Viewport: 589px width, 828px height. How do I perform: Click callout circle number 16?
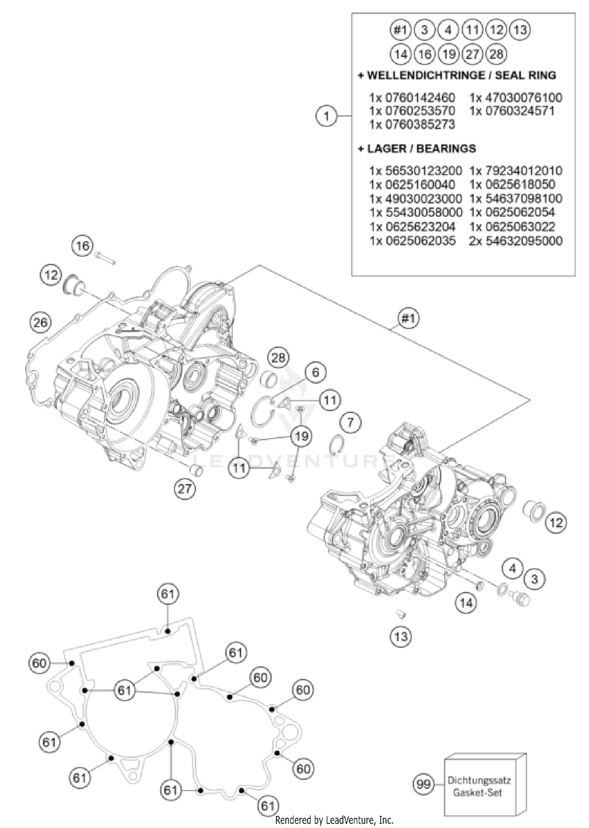tap(82, 246)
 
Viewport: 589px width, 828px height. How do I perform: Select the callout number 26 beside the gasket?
tap(40, 322)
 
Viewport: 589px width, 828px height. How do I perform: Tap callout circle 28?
tap(278, 358)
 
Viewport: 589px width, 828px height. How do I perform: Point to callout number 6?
tap(315, 372)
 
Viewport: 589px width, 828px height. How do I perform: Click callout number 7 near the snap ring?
tap(350, 423)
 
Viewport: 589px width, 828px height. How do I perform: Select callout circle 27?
tap(185, 489)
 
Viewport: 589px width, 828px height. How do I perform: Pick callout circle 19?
tap(301, 436)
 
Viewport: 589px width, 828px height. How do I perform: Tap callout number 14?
tap(466, 603)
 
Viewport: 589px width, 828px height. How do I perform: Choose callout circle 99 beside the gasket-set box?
tap(423, 784)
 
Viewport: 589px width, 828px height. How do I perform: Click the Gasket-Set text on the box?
tap(477, 792)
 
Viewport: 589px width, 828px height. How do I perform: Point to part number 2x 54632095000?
tap(515, 241)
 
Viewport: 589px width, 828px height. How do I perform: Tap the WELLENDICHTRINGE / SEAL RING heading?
tap(457, 75)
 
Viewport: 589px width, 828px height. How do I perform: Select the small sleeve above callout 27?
tap(195, 469)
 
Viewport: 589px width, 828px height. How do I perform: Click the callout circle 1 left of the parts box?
tap(326, 116)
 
